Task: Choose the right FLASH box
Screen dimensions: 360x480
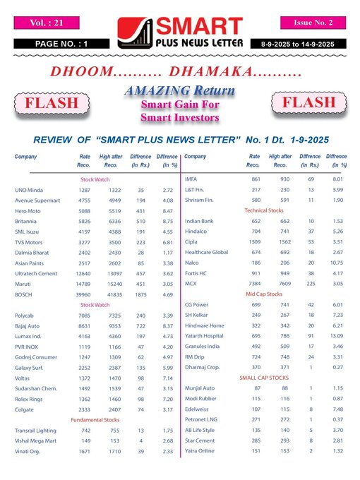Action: tap(308, 104)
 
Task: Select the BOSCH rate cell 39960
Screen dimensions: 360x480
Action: tap(83, 275)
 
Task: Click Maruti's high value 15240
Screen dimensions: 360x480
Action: tap(111, 264)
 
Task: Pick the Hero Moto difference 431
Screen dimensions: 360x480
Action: tap(141, 212)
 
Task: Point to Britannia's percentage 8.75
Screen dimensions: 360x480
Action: tap(167, 222)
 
